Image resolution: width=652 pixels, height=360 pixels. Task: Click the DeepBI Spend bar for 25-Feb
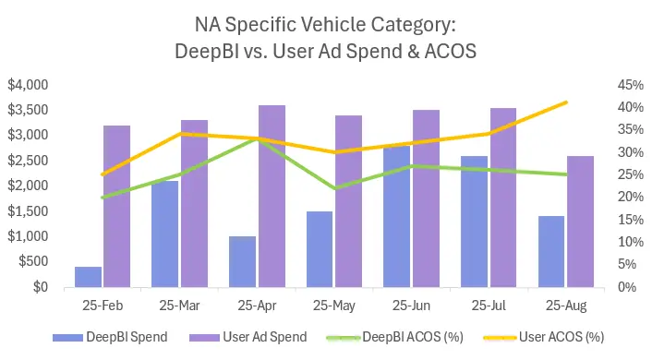(88, 277)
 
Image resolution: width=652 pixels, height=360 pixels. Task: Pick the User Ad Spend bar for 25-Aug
(580, 222)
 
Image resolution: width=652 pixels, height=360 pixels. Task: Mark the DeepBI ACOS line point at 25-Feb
(103, 197)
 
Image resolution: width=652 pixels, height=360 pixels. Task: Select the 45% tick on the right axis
(604, 85)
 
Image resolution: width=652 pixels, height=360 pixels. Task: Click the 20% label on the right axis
(604, 197)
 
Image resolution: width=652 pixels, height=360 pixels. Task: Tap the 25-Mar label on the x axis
(178, 304)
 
